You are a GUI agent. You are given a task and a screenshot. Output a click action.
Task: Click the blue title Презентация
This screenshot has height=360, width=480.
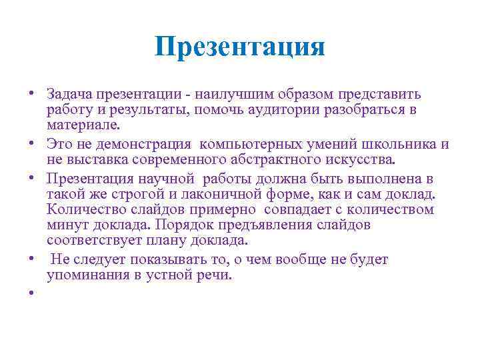240,47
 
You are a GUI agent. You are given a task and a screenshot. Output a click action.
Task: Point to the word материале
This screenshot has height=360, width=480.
83,125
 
